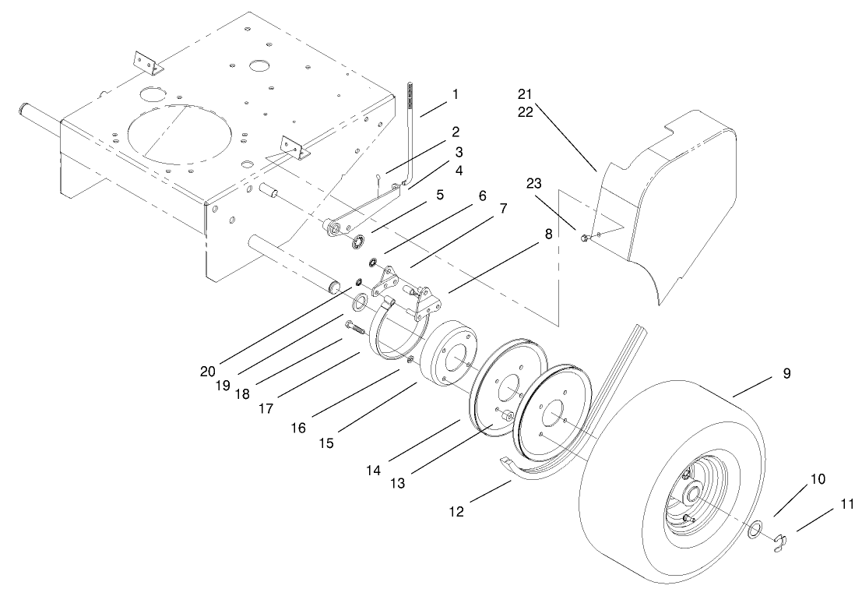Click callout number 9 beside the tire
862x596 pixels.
pos(786,374)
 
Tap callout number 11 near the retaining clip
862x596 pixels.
pos(847,504)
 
